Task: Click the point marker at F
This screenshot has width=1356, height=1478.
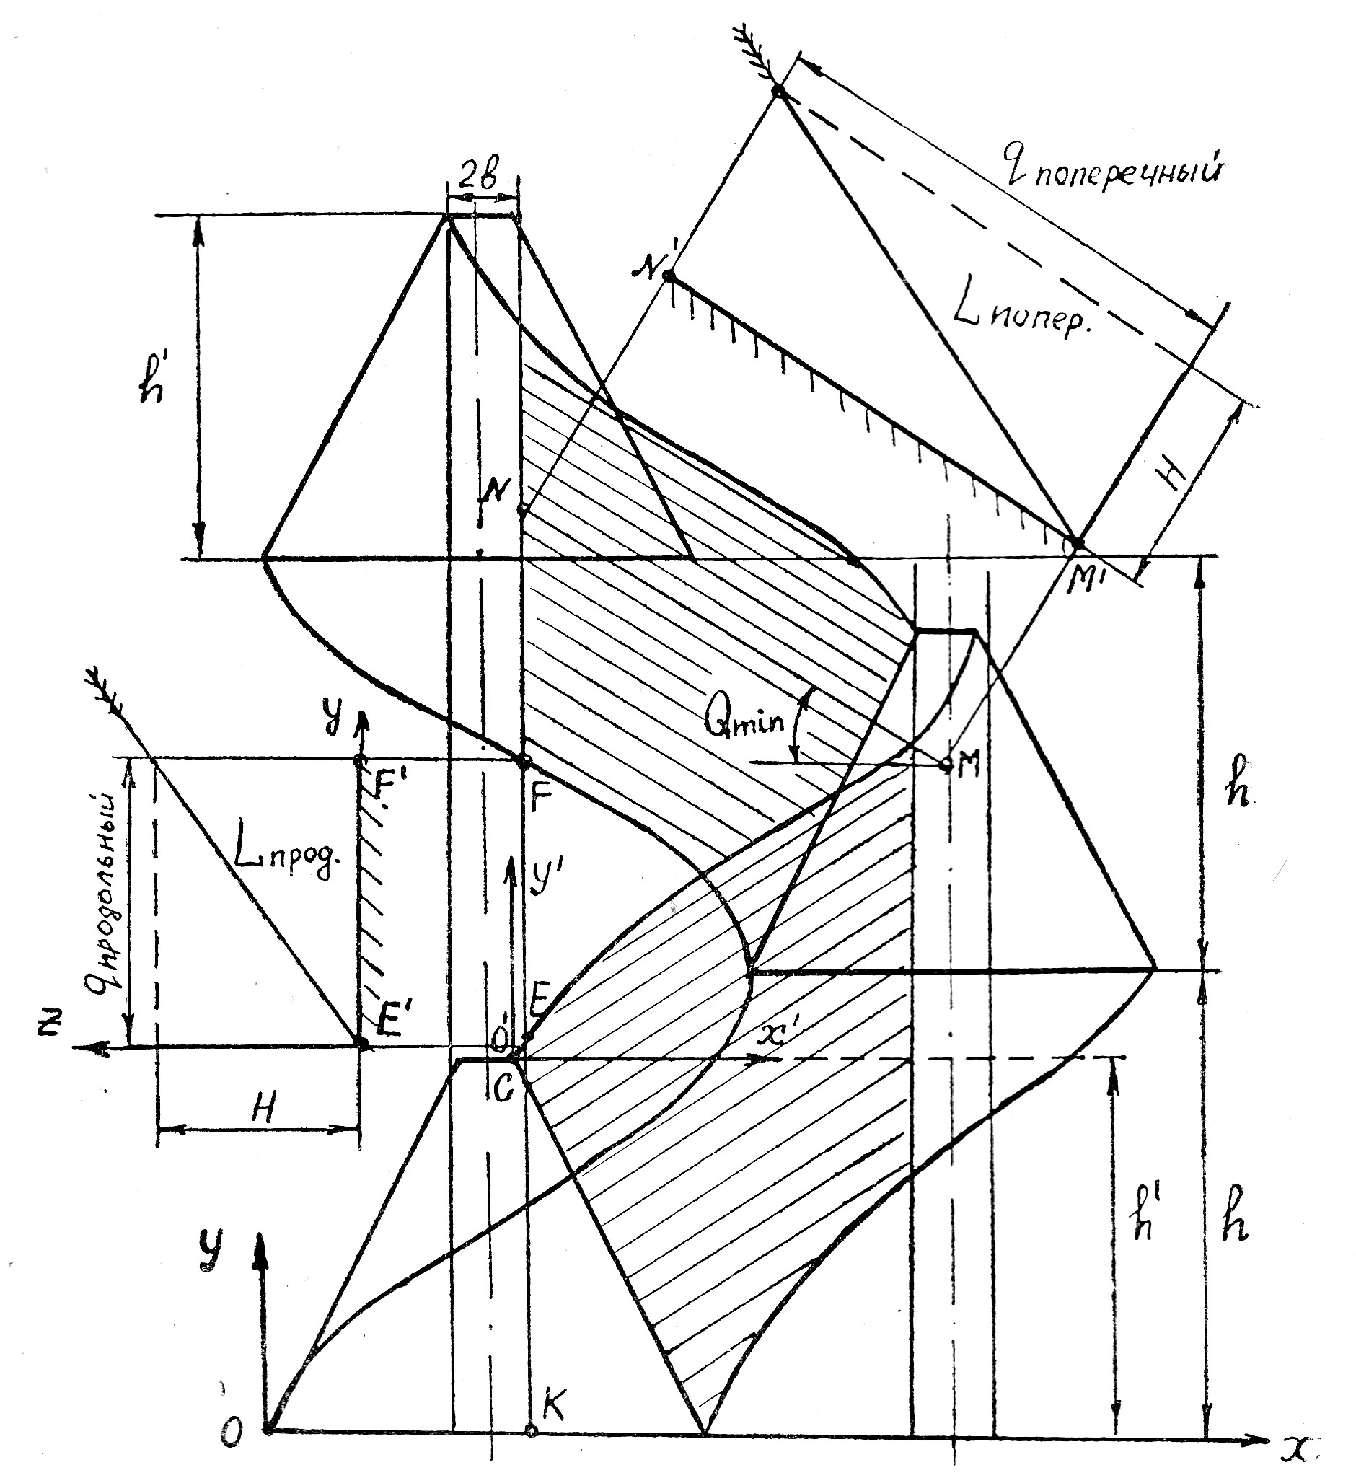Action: [x=524, y=762]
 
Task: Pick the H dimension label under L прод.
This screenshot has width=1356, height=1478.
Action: [x=265, y=1110]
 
